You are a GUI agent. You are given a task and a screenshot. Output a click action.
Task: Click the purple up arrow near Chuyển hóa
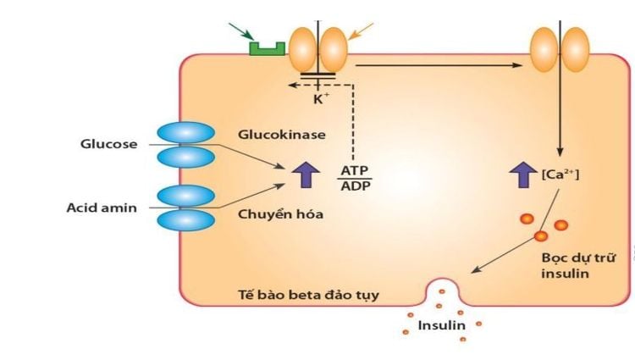(x=302, y=174)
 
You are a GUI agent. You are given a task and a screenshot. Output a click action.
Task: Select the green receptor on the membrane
(x=266, y=48)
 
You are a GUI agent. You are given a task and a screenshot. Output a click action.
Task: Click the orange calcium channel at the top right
(x=559, y=48)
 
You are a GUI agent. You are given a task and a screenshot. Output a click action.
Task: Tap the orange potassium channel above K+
(x=318, y=49)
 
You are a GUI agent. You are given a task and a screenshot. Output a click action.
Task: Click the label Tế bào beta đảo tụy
(x=307, y=295)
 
